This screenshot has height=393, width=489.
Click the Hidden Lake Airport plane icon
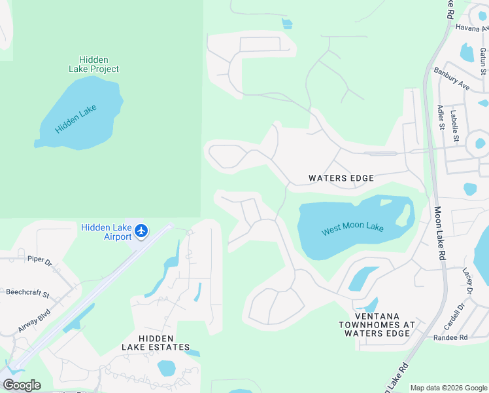(x=142, y=231)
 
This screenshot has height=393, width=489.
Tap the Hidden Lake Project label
(x=94, y=64)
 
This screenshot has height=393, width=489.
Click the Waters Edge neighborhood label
(x=341, y=178)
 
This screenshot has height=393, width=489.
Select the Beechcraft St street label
(x=27, y=293)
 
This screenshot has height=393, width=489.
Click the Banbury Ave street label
(x=452, y=77)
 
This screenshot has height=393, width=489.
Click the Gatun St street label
(x=482, y=61)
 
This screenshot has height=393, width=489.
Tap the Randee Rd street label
(x=450, y=338)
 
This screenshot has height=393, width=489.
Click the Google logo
(x=22, y=385)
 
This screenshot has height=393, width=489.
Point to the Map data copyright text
(x=449, y=388)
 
